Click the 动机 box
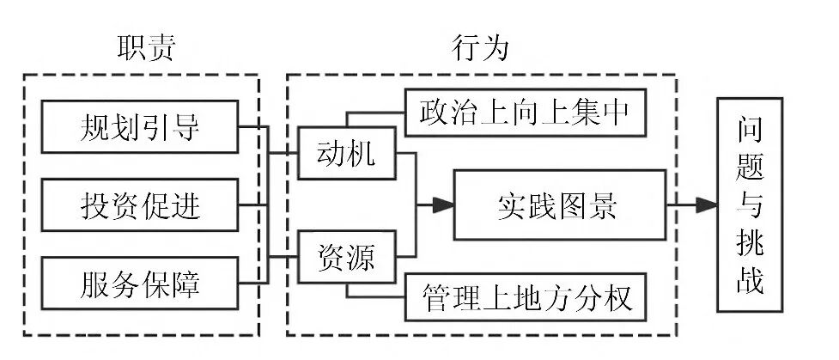(x=347, y=156)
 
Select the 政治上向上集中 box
(x=525, y=111)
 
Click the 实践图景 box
(x=561, y=205)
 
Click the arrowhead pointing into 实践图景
(x=443, y=205)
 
